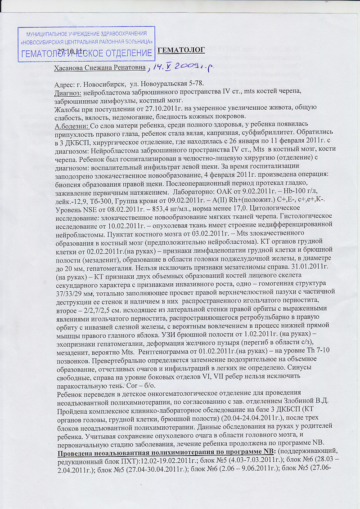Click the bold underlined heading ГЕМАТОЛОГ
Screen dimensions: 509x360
pos(181,49)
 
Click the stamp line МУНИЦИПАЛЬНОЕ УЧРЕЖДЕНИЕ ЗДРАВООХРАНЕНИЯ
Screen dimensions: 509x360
pos(86,34)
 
